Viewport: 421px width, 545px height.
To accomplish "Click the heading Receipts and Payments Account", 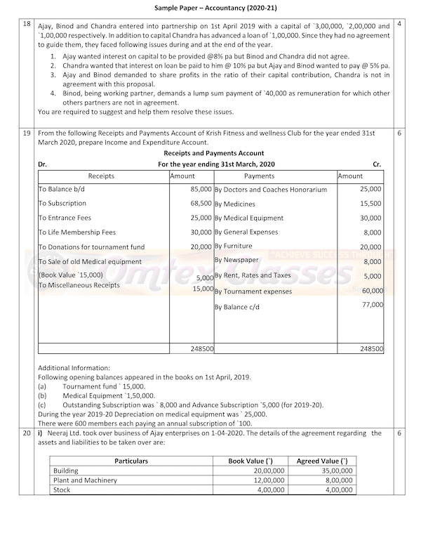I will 213,153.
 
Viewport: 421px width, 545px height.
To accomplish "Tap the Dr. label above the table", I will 43,164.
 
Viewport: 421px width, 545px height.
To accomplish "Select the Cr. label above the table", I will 377,164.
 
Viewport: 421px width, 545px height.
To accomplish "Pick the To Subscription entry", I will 62,204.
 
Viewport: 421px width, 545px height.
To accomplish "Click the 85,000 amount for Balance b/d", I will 201,190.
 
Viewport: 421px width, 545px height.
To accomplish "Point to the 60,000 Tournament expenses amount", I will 372,290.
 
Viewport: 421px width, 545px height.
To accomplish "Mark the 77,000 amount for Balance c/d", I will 372,305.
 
